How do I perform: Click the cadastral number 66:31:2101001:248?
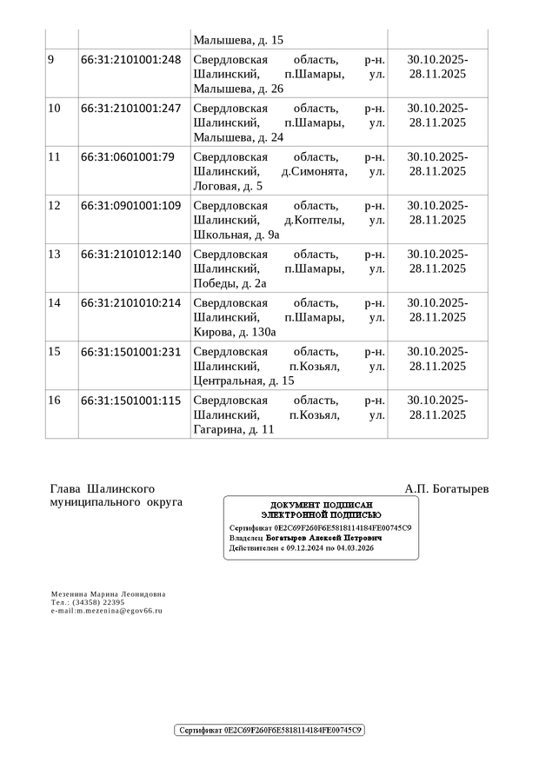(x=130, y=60)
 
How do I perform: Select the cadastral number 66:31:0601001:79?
(x=128, y=157)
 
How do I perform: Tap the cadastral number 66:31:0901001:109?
(x=130, y=206)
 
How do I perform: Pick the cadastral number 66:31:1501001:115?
(x=130, y=401)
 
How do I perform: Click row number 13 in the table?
(x=55, y=255)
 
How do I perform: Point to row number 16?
(x=55, y=401)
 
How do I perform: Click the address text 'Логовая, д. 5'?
(x=228, y=186)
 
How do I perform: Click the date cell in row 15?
(x=437, y=359)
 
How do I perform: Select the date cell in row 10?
(x=437, y=116)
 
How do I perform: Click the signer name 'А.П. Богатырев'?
(x=446, y=489)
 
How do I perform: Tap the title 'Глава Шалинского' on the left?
(x=103, y=489)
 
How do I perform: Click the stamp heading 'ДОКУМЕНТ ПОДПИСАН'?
(x=322, y=506)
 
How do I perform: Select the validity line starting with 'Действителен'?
(x=302, y=549)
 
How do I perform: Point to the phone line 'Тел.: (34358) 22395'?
(x=88, y=602)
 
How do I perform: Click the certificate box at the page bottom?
(x=269, y=731)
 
